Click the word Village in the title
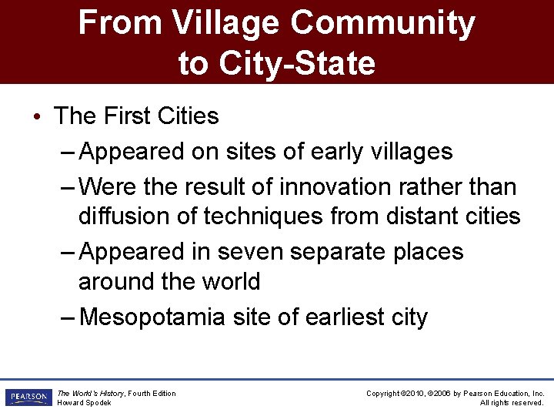click(x=226, y=23)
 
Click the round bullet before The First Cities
click(x=38, y=117)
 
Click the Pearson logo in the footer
click(x=27, y=398)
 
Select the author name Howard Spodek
click(x=85, y=403)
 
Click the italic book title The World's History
click(x=91, y=394)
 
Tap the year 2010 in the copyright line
click(x=422, y=394)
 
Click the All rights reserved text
click(x=512, y=403)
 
